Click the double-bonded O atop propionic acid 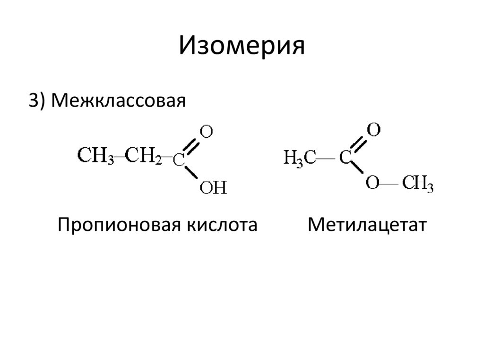point(206,132)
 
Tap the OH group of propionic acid point(213,188)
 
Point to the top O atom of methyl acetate point(373,129)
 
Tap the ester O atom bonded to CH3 point(372,184)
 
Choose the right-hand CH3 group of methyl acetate point(418,184)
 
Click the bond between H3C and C point(326,158)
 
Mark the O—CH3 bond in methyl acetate point(390,184)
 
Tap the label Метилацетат point(367,224)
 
